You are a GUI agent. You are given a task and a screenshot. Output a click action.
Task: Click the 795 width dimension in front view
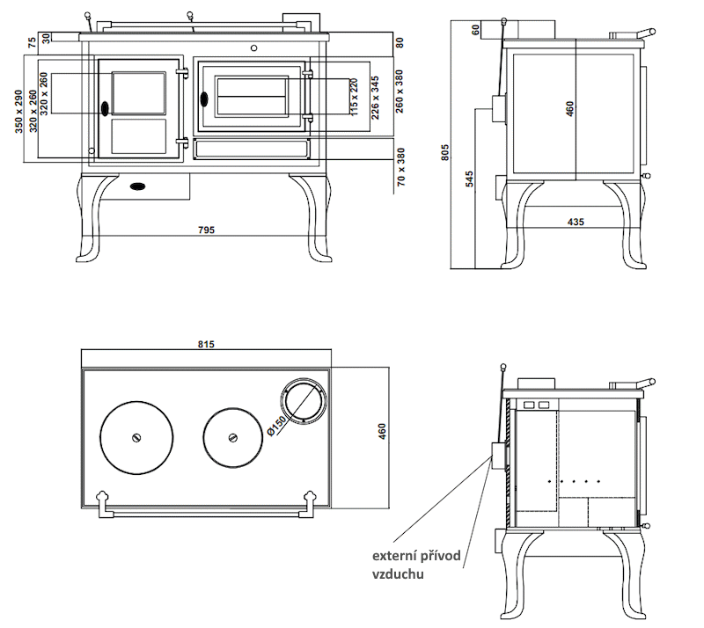coord(206,230)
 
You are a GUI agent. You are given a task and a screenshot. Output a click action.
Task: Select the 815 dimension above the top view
coord(207,344)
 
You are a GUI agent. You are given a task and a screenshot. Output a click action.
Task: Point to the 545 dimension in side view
coord(469,179)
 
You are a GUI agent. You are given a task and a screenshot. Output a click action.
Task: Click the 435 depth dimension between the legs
coord(576,222)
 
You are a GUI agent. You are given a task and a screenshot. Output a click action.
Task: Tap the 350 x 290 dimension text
coord(20,110)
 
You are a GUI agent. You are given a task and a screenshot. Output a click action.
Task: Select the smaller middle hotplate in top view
coord(233,437)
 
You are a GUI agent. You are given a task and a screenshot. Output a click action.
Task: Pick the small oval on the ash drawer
coord(138,186)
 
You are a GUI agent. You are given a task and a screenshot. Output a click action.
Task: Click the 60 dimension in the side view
coord(475,30)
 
